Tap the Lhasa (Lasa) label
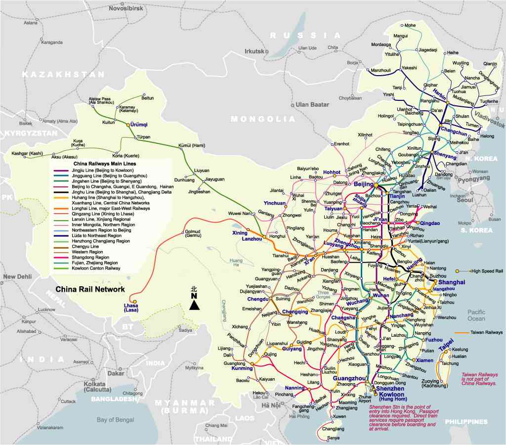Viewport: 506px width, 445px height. point(131,308)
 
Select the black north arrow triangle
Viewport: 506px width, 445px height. point(194,305)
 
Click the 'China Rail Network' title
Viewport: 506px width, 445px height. point(90,289)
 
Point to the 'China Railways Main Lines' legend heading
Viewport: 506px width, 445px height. point(105,163)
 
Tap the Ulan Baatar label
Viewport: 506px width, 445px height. point(312,105)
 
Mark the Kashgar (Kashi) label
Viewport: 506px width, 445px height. point(27,154)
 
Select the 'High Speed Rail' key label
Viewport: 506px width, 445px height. point(487,271)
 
